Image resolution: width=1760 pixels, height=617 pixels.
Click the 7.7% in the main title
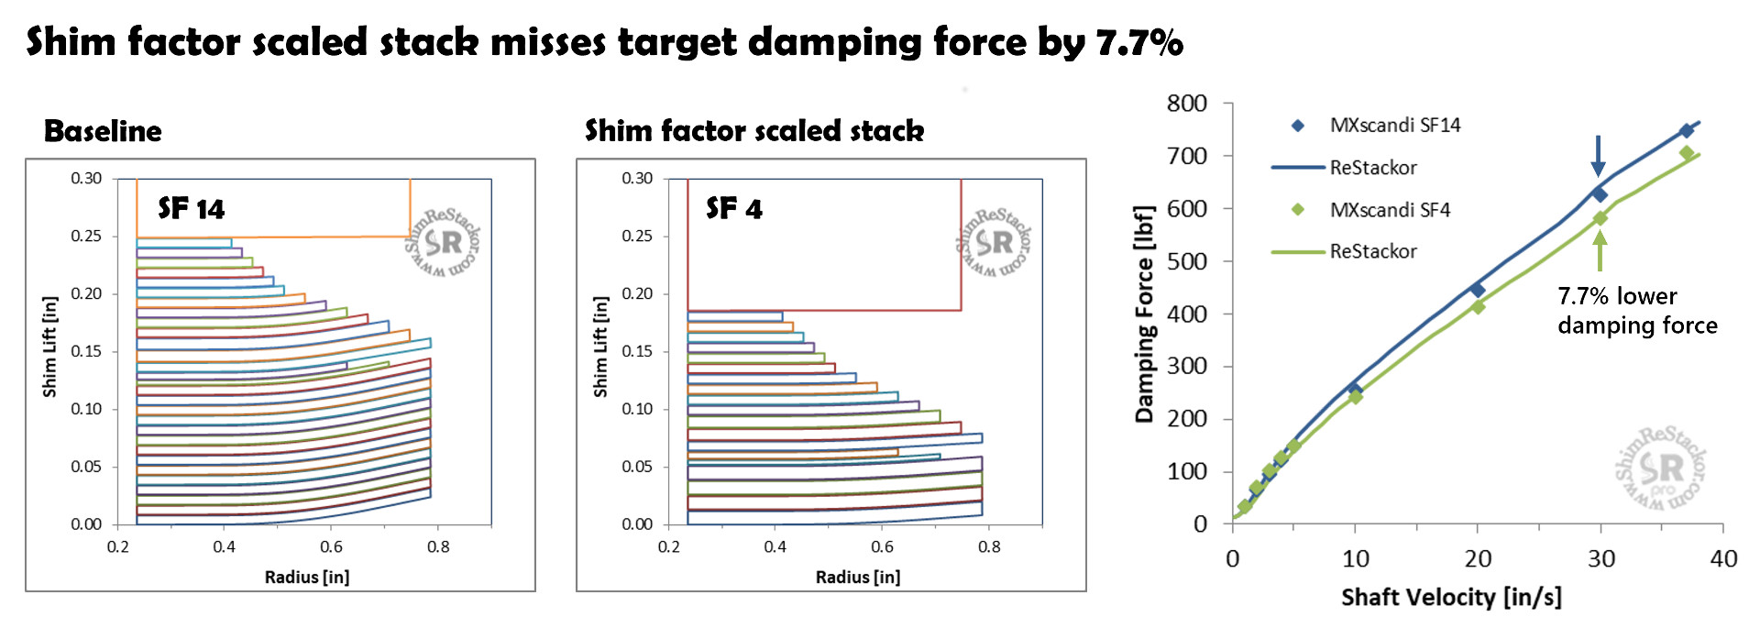[x=1138, y=42]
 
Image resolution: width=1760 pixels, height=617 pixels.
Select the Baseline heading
[x=103, y=131]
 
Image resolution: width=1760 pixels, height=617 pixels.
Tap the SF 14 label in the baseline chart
[x=191, y=209]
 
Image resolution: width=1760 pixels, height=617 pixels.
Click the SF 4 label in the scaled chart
[x=734, y=209]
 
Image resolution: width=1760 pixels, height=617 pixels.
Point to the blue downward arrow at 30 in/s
[x=1598, y=155]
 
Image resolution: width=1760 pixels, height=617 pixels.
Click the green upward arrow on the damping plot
[x=1600, y=250]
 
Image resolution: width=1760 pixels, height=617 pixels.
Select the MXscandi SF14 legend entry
[x=1394, y=126]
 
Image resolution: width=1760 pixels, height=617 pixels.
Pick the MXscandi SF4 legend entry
[x=1390, y=210]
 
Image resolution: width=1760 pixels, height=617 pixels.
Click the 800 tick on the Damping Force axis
[x=1186, y=104]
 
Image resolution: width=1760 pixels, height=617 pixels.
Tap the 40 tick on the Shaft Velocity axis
[x=1723, y=558]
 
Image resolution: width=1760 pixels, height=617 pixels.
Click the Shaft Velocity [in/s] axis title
[x=1450, y=598]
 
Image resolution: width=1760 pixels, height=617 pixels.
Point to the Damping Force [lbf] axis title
[x=1144, y=314]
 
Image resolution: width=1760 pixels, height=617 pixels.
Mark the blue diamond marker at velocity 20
[x=1477, y=290]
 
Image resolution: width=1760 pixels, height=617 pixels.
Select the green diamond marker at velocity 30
[x=1600, y=218]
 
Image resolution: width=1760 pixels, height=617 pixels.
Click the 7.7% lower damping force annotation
[x=1636, y=311]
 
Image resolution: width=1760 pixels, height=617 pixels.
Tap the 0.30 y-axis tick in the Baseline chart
[x=86, y=178]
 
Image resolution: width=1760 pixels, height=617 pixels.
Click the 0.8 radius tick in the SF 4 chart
[x=989, y=546]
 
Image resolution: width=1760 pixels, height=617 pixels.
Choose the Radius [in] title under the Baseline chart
[x=307, y=577]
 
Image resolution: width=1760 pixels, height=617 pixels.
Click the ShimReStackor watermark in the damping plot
[x=1661, y=468]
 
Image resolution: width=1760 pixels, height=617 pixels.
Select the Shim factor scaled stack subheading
[x=753, y=131]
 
